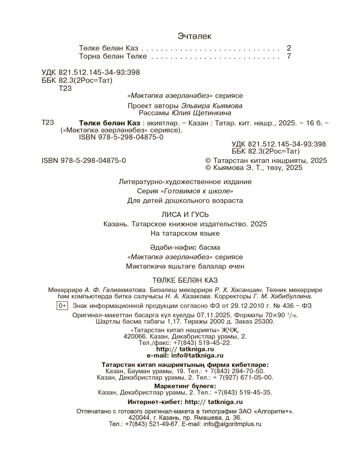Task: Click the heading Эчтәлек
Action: coord(194,36)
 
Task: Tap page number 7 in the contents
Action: coord(289,56)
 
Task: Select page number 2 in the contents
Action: coord(289,48)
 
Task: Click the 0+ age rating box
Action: coord(62,306)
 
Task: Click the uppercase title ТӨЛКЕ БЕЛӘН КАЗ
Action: coord(184,280)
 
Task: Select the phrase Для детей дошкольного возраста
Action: coord(185,201)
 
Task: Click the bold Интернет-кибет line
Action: coord(185,402)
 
